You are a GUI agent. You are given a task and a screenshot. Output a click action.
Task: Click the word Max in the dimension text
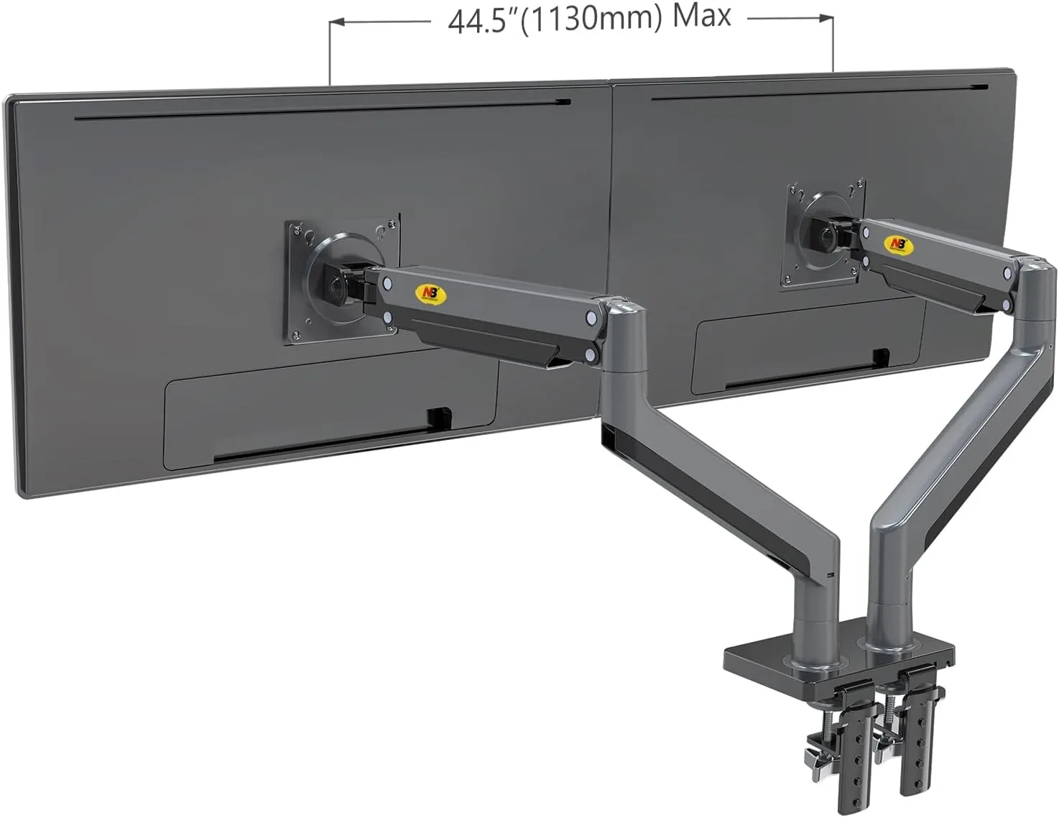[701, 16]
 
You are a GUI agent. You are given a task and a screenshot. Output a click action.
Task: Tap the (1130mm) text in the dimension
[591, 19]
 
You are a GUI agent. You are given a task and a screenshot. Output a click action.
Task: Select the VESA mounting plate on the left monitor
[342, 279]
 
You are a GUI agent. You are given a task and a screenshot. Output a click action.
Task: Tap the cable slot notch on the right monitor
[879, 356]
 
